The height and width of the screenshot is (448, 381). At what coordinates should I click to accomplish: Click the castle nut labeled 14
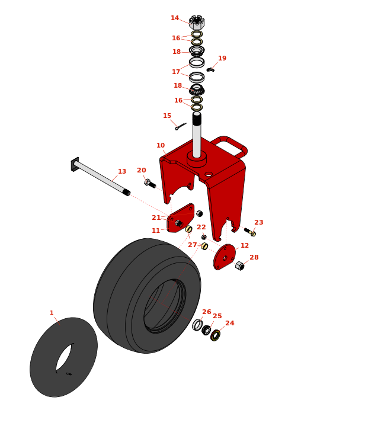[x=197, y=23]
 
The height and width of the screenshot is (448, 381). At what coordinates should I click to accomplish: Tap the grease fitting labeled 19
[x=210, y=70]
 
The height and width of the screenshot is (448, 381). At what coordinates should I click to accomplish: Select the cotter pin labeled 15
[x=181, y=126]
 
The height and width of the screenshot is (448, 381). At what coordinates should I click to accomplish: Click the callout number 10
[x=161, y=145]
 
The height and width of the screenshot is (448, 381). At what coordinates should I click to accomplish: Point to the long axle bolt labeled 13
[x=101, y=177]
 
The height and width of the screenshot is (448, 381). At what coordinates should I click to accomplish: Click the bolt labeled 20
[x=150, y=184]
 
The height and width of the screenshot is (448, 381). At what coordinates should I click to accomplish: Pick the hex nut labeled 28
[x=239, y=265]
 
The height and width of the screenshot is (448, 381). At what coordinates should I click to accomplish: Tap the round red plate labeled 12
[x=225, y=257]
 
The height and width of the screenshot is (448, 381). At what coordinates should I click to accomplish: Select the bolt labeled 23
[x=250, y=232]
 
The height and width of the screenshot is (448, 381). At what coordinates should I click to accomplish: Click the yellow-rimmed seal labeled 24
[x=215, y=335]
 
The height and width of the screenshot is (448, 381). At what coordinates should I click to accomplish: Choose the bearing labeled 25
[x=206, y=330]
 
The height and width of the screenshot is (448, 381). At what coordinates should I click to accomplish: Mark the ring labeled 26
[x=197, y=325]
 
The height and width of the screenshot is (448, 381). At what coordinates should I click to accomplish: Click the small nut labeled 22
[x=204, y=237]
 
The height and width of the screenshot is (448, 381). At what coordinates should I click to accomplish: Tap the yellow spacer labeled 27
[x=204, y=246]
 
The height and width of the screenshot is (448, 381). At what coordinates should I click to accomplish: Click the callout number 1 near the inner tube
[x=52, y=313]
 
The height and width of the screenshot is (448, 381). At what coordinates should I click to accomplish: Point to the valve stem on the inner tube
[x=69, y=374]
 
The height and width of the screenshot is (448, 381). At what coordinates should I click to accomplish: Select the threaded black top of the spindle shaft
[x=197, y=119]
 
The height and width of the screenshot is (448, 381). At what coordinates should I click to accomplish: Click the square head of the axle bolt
[x=75, y=164]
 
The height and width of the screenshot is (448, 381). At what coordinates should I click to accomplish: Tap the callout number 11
[x=156, y=231]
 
